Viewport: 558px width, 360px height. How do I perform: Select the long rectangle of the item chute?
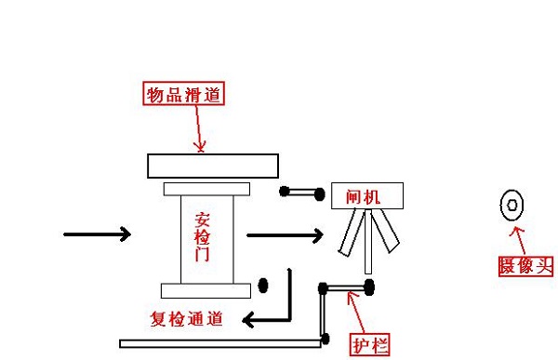click(x=213, y=166)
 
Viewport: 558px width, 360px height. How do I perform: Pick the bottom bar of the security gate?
click(x=206, y=289)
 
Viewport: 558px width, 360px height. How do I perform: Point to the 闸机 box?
click(x=368, y=195)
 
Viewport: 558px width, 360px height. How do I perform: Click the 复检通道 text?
click(x=186, y=319)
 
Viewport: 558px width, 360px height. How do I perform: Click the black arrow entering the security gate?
click(x=97, y=234)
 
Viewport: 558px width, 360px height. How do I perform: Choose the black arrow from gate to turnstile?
click(x=285, y=235)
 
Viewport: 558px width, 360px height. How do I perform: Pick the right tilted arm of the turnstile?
click(x=388, y=232)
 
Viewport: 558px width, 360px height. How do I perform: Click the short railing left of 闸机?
click(x=301, y=193)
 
